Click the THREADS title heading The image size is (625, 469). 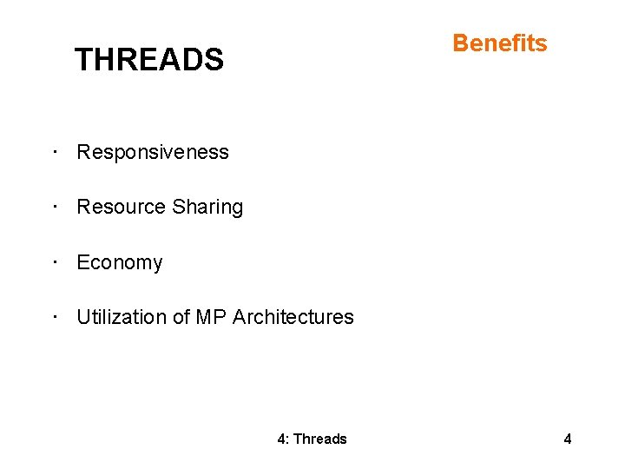pos(148,60)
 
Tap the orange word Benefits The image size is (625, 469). pos(500,43)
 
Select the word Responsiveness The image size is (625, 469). pos(153,152)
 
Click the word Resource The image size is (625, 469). pos(121,207)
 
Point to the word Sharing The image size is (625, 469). pos(207,208)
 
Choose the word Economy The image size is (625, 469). pos(119,262)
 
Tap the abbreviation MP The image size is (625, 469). pos(211,317)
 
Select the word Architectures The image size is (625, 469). pos(293,317)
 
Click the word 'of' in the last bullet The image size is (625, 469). pos(181,317)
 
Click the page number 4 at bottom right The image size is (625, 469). pos(568,439)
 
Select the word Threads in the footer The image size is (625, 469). pos(320,439)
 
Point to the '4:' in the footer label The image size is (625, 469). pos(283,439)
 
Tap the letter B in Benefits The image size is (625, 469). pos(461,43)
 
